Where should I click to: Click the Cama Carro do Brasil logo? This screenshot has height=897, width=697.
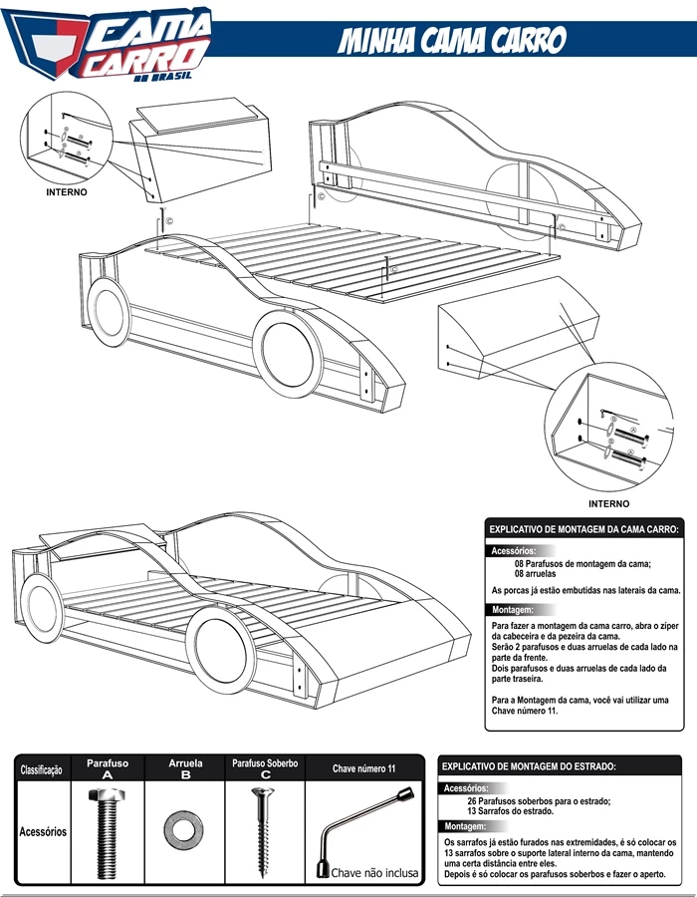106,44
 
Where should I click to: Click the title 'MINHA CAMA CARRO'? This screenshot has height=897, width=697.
452,40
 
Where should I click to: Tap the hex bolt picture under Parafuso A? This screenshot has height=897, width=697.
107,833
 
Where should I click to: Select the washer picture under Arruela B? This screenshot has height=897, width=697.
183,829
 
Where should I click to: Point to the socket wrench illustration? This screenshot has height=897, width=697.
365,829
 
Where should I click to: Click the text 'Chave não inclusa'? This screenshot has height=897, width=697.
374,873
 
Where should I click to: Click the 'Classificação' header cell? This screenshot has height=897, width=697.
41,770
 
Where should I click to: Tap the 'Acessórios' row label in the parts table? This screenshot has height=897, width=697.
43,831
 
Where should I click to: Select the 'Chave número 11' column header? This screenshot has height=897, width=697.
363,768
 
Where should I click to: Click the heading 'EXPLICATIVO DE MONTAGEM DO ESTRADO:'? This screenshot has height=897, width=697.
529,766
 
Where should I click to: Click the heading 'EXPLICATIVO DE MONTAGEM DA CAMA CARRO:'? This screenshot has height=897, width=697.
583,529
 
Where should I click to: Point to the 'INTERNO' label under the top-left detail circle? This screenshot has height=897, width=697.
67,192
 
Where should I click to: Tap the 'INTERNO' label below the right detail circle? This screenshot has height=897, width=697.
609,504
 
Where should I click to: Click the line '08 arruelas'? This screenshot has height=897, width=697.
535,574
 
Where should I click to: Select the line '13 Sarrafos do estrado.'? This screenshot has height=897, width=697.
510,810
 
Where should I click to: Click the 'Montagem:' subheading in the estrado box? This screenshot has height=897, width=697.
465,826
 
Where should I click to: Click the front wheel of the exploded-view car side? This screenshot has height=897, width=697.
288,354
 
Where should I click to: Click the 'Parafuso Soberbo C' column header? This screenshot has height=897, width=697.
265,768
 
